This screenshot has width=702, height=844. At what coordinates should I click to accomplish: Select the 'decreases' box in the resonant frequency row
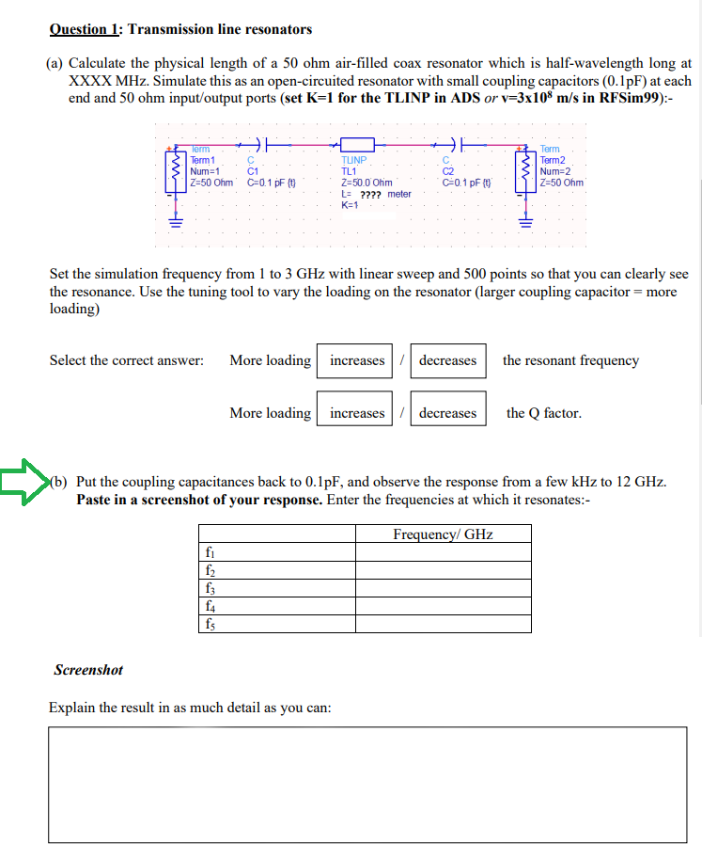coord(447,360)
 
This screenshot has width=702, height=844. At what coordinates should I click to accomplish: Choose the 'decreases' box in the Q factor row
coord(447,413)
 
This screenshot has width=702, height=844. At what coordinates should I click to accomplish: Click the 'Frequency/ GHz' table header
coord(443,534)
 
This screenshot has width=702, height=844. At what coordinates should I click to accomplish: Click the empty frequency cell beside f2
coord(443,570)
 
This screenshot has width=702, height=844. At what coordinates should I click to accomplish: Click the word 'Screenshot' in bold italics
coord(88,670)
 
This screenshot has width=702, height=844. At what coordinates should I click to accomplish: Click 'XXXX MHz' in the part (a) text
coord(104,81)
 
